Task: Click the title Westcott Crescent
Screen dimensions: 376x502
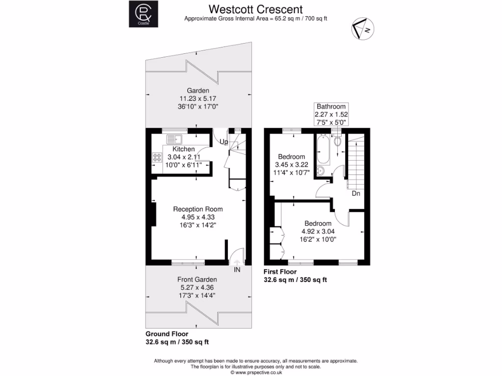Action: [x=256, y=9]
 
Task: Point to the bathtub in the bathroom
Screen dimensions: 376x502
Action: [x=323, y=149]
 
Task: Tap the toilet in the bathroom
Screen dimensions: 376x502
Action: [x=337, y=141]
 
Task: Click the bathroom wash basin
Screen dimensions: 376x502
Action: [x=320, y=170]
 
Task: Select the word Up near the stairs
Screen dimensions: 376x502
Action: [x=224, y=142]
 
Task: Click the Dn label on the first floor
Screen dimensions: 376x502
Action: [x=356, y=193]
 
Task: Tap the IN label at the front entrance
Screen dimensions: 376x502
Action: [x=237, y=269]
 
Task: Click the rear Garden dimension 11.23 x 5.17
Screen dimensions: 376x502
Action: [x=198, y=98]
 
